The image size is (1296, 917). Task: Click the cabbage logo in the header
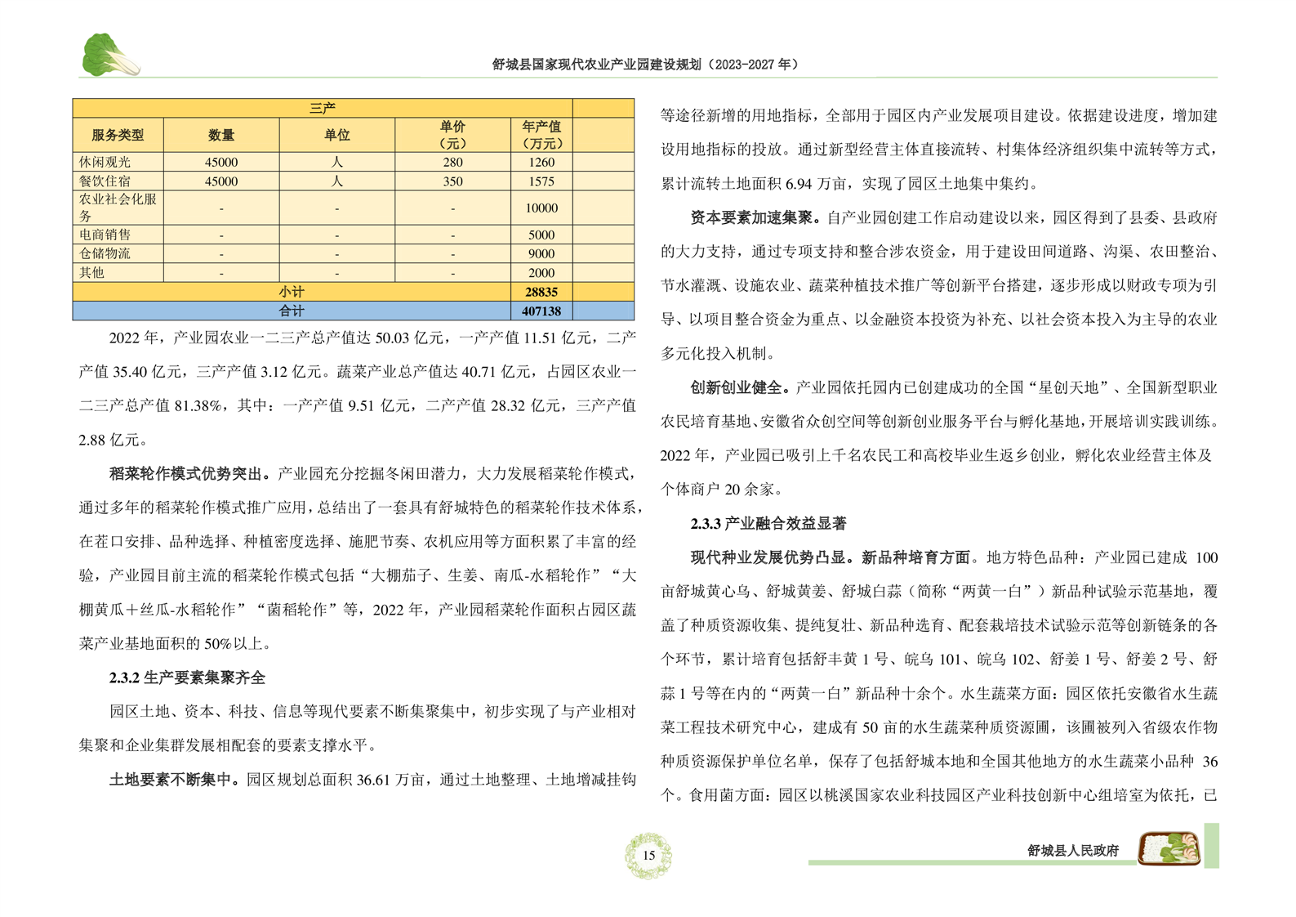coord(109,56)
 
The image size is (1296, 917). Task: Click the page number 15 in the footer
coord(648,855)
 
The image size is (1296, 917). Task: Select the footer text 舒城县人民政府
coord(1072,851)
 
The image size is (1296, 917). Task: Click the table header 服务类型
coord(118,135)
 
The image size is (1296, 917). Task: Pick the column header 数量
coord(221,135)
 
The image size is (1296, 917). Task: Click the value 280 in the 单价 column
coord(452,163)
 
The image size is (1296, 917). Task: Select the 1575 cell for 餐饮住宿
coord(541,181)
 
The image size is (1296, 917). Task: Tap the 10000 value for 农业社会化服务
coord(541,208)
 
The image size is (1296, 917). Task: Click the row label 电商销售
coord(105,235)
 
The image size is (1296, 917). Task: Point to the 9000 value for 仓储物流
coord(541,253)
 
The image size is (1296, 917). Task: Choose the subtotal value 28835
coord(541,292)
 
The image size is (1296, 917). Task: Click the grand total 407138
coord(541,311)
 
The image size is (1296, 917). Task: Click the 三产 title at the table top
coord(323,108)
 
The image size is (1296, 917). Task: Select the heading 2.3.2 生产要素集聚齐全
coord(187,678)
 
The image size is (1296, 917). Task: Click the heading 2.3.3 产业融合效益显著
coord(768,523)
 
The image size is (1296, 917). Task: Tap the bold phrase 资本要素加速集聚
coord(755,217)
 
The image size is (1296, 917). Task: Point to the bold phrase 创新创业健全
coord(739,387)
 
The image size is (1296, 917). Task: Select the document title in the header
coord(645,64)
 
